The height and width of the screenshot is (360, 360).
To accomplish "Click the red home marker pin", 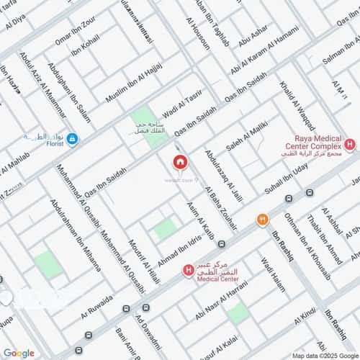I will click(x=179, y=161).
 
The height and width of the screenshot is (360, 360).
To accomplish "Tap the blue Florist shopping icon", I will click(x=72, y=138).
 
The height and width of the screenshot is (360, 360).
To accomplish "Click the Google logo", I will click(x=18, y=353).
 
